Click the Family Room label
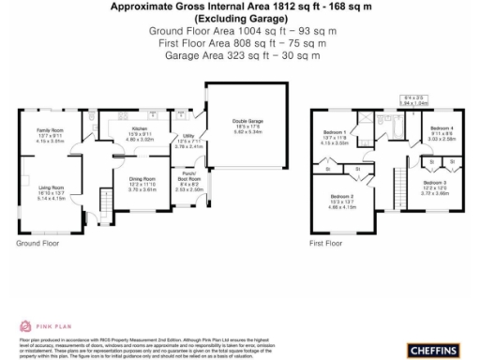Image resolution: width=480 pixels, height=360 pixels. click(49, 129)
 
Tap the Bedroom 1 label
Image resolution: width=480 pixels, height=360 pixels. click(334, 132)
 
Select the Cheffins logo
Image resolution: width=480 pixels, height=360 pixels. click(433, 350)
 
